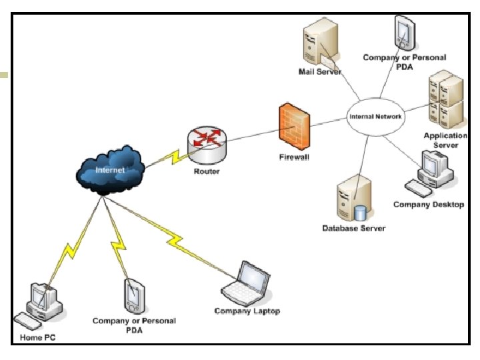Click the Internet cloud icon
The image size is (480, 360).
[110, 170]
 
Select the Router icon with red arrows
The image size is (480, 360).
[207, 145]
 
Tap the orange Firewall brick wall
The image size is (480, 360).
[295, 127]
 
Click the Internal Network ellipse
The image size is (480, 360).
[375, 117]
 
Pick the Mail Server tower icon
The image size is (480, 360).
[321, 43]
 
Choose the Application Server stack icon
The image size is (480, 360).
[446, 100]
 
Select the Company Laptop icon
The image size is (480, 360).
[246, 284]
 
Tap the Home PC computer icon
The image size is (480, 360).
[39, 306]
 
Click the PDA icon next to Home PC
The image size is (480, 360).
[134, 296]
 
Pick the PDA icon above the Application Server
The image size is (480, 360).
[405, 33]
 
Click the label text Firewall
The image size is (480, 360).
[294, 157]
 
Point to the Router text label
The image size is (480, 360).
[207, 171]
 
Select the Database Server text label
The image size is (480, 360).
[354, 229]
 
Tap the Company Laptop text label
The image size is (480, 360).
[247, 311]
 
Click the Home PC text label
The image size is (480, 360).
[37, 337]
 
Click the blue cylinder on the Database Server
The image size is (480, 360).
[360, 213]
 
